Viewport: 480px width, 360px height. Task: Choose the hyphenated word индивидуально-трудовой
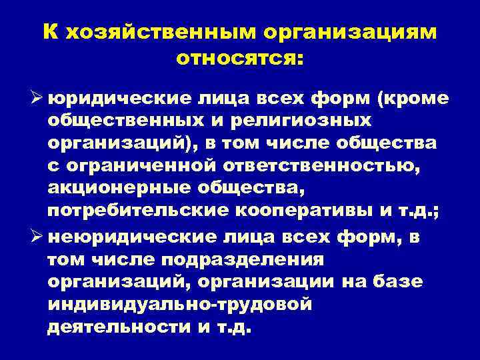(180, 304)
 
